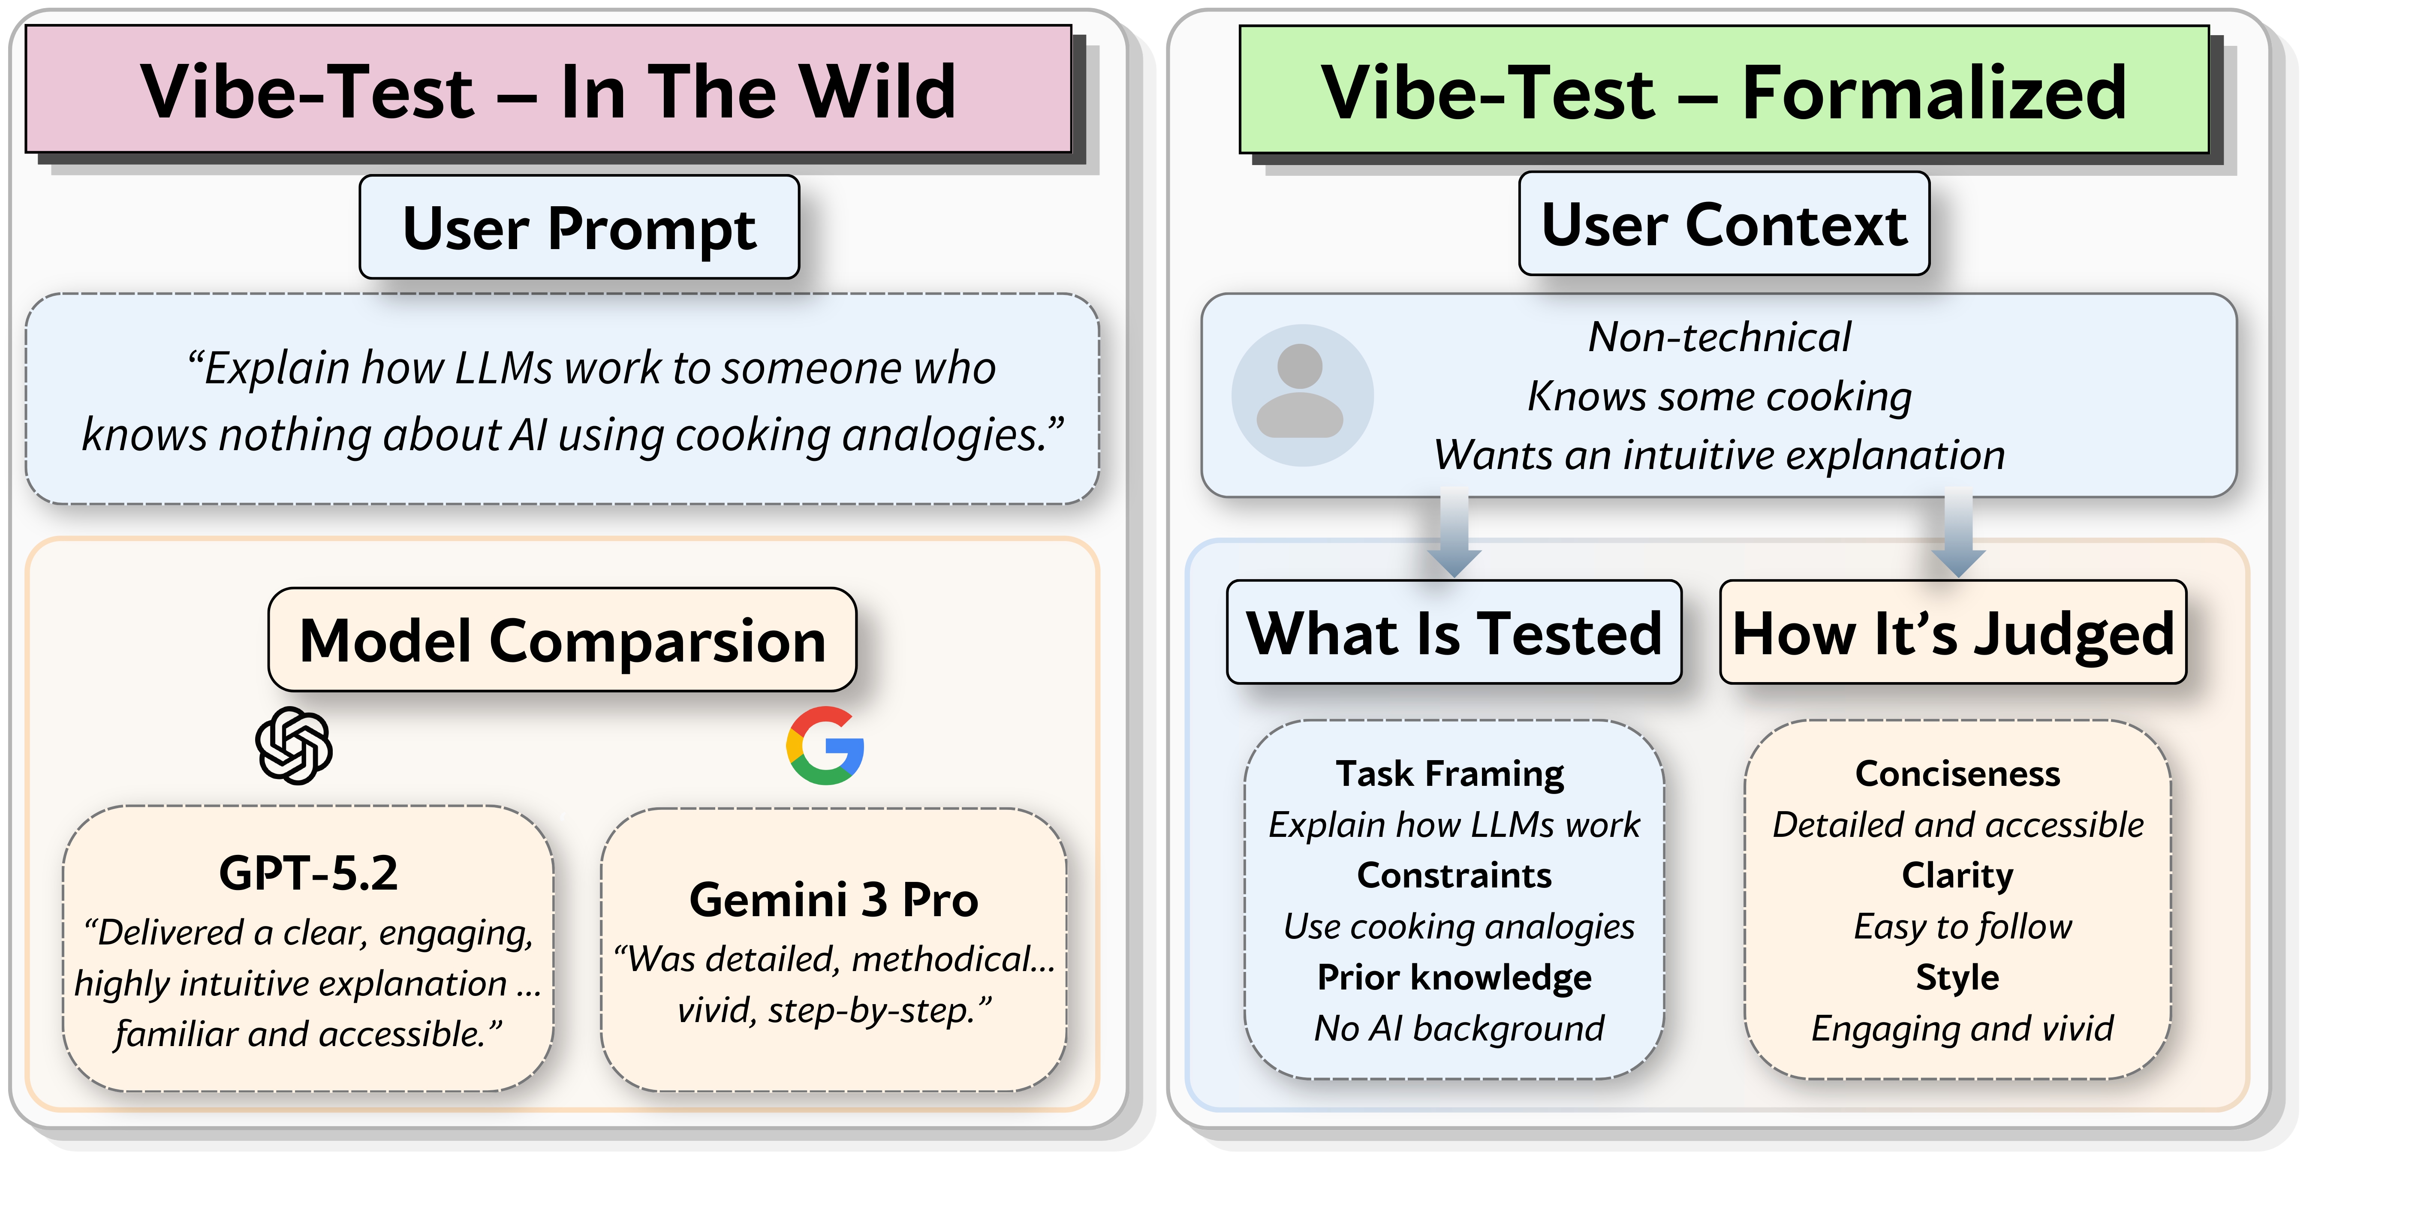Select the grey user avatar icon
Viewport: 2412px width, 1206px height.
[x=1301, y=395]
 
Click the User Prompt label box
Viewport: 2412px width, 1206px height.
[x=578, y=228]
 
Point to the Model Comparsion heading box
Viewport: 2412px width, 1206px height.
[x=562, y=641]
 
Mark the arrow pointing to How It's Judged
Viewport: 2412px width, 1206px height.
[x=1958, y=534]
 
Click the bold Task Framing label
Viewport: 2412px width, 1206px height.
[x=1449, y=773]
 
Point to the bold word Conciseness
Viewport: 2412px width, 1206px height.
[x=1957, y=773]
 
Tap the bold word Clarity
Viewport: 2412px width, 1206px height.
[x=1957, y=875]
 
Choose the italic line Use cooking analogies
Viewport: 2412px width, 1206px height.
[x=1458, y=926]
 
